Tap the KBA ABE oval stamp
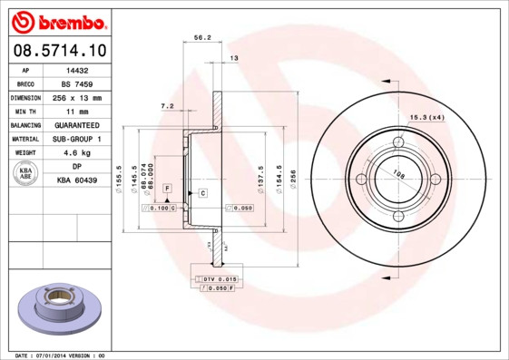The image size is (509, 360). (27, 173)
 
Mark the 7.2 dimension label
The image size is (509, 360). (167, 106)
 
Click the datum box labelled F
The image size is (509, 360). (167, 187)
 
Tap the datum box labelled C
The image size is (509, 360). (202, 193)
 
